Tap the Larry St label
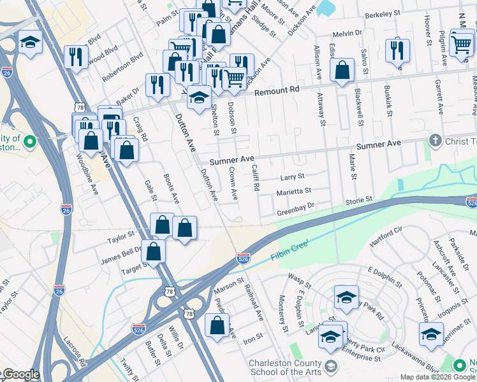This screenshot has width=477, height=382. click(293, 176)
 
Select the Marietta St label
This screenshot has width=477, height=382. click(293, 190)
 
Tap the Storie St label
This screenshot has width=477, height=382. click(358, 200)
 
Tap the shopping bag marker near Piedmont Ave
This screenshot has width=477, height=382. click(217, 326)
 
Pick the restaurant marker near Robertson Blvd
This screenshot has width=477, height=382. click(76, 57)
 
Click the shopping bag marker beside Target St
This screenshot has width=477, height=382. click(154, 251)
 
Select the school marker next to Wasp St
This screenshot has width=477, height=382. click(346, 297)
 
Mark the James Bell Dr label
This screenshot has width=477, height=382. click(124, 251)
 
